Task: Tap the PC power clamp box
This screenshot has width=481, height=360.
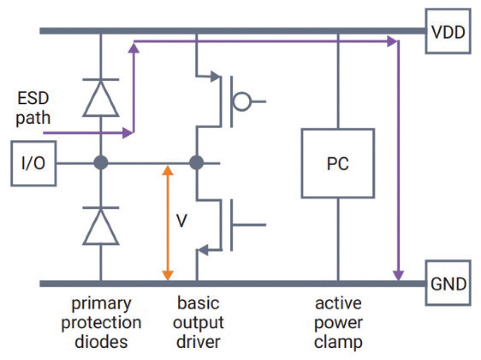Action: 337,163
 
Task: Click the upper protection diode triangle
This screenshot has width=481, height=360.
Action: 101,99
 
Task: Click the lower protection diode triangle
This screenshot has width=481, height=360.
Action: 101,227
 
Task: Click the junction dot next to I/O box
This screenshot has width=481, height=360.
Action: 101,163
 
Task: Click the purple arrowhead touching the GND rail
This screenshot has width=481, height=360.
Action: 397,274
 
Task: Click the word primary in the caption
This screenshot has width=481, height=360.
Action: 101,304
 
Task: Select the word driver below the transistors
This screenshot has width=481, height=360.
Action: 198,342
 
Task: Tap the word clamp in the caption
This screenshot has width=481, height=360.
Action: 338,342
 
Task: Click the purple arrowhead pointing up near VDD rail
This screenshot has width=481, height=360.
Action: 134,47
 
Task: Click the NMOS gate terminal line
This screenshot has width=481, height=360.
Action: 250,225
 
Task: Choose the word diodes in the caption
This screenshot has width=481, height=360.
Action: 101,342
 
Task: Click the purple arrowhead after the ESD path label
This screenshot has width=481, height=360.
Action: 127,132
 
